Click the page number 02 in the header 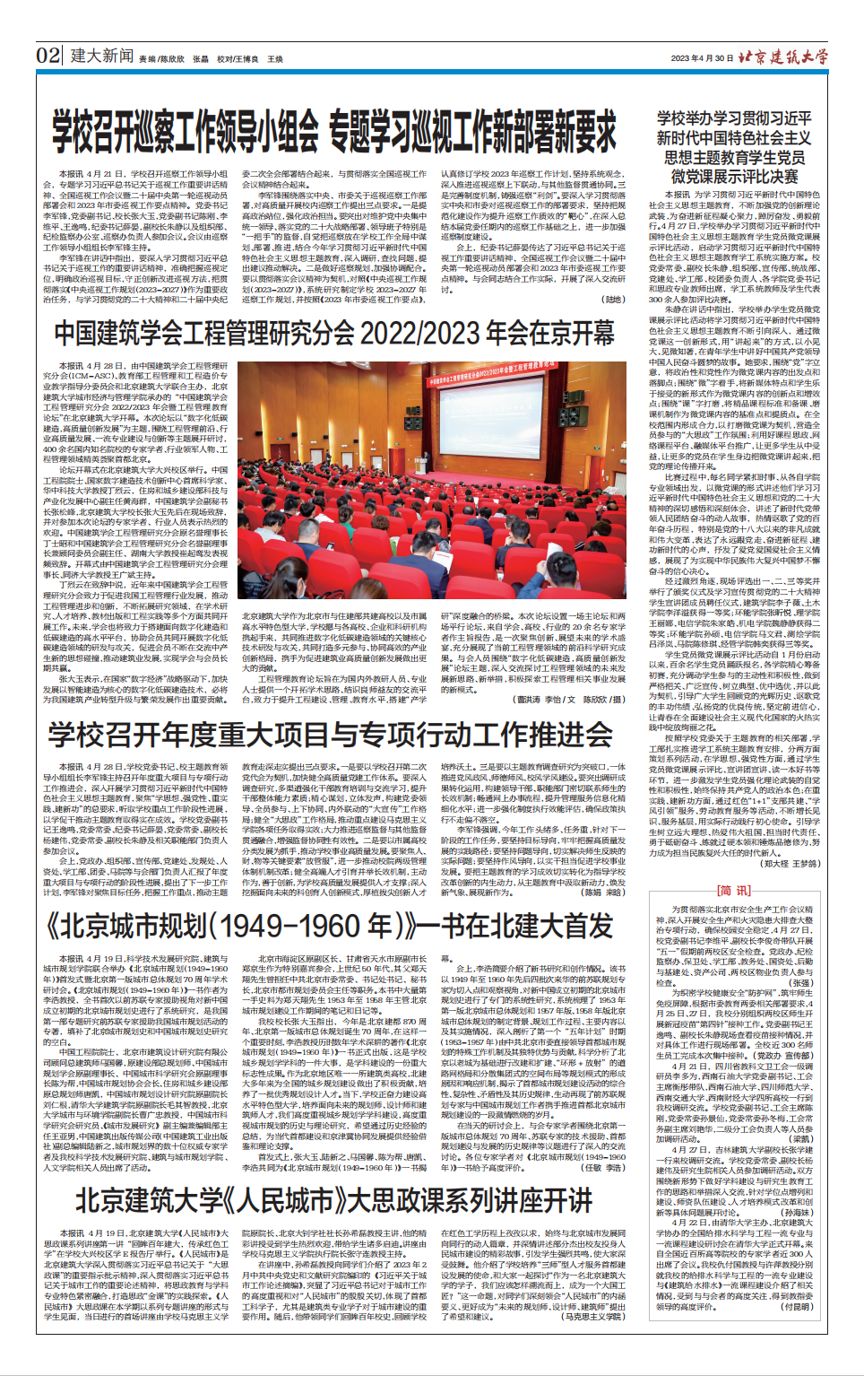(x=48, y=55)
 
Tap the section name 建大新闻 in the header (x=102, y=56)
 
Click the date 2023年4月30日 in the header (x=701, y=57)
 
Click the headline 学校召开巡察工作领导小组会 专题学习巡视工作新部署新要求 (x=333, y=133)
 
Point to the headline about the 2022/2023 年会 (x=333, y=333)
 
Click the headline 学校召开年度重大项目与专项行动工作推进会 (x=330, y=735)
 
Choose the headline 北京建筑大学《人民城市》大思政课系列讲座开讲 (x=333, y=1200)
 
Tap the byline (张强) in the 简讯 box (x=800, y=983)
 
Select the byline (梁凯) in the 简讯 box (x=800, y=1138)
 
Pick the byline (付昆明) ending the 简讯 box (x=796, y=1307)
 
